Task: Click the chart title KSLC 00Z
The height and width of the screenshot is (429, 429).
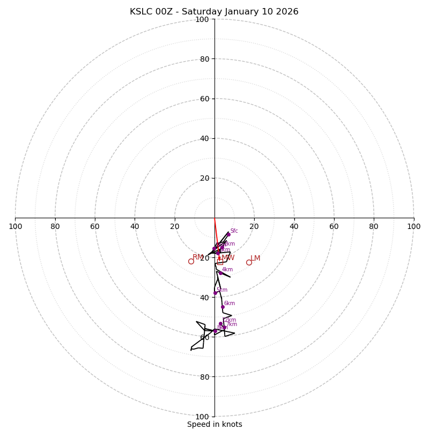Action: click(214, 12)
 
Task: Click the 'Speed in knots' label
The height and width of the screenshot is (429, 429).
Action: click(214, 424)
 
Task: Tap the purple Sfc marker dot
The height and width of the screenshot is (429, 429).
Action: click(228, 234)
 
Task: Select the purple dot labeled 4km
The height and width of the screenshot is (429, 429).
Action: click(220, 273)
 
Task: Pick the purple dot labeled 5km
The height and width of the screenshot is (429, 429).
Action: click(216, 293)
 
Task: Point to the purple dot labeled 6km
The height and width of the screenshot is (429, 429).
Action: click(223, 307)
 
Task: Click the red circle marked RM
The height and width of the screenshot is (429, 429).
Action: click(191, 261)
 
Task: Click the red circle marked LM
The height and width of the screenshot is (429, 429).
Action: click(249, 262)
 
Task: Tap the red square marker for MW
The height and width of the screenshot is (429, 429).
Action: click(220, 262)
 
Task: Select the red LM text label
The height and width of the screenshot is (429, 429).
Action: click(255, 258)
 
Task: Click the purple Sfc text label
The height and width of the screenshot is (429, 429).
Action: click(234, 231)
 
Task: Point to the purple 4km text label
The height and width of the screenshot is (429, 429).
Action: click(227, 270)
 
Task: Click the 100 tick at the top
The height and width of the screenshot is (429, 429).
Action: click(202, 20)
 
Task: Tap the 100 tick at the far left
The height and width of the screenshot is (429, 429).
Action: click(16, 226)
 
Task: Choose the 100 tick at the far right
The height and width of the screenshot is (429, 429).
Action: click(413, 226)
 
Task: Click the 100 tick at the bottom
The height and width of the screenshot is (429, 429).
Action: click(202, 417)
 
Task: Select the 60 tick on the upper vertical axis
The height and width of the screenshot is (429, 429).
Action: click(204, 99)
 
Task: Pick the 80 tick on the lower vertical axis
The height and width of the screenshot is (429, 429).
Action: click(204, 377)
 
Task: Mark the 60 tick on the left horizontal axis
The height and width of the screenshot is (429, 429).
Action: click(95, 226)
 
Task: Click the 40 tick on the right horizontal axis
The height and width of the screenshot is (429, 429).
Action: click(294, 226)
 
